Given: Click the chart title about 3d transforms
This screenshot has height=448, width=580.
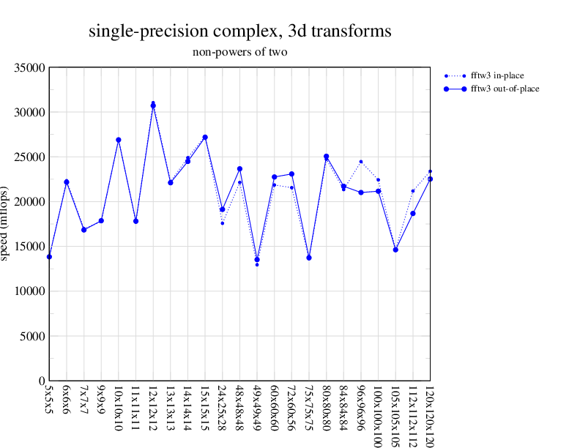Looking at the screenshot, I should (239, 31).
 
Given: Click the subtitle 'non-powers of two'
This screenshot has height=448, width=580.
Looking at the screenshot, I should (239, 52).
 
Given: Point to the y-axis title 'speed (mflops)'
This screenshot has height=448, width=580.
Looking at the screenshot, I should (6, 224).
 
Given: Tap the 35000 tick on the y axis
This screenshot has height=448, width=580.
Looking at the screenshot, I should (30, 68).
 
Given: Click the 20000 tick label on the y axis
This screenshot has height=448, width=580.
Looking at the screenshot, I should (30, 202).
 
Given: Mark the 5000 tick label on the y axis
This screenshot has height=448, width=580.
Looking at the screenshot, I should (33, 337).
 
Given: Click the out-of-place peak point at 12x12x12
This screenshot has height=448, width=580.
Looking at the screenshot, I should (153, 105).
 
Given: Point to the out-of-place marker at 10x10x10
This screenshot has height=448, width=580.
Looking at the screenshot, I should (119, 140).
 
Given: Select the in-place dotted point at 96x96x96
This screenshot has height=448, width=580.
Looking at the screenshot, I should (361, 162).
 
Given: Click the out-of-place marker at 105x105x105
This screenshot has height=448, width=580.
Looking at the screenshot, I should (395, 250).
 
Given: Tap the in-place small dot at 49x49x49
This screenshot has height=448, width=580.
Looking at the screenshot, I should (257, 264).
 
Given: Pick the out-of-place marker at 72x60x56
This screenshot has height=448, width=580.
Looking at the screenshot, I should (291, 174).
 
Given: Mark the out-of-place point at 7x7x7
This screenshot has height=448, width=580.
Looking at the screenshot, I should (84, 230).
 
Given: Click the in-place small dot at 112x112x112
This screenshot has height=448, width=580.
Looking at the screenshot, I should (413, 191).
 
